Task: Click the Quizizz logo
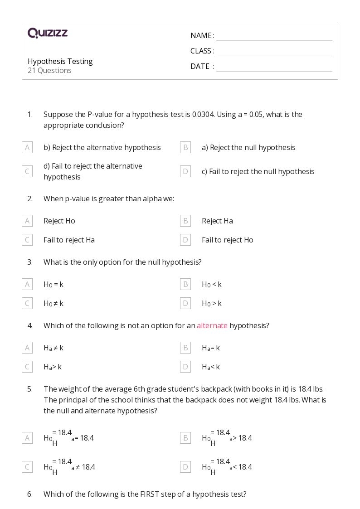coord(48,33)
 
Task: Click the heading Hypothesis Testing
coord(60,61)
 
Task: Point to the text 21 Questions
coord(49,71)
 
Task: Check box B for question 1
coord(185,147)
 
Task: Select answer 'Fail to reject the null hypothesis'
coord(258,171)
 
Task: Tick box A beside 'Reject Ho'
coord(27,221)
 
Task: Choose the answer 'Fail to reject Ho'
coord(227,240)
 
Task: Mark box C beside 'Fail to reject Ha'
coord(27,240)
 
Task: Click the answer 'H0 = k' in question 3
coord(54,285)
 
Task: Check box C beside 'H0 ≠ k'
coord(27,303)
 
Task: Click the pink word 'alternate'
coord(212,325)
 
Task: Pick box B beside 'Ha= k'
coord(185,348)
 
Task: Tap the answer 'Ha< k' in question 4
coord(211,367)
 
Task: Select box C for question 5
coord(27,467)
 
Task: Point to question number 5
coord(30,389)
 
